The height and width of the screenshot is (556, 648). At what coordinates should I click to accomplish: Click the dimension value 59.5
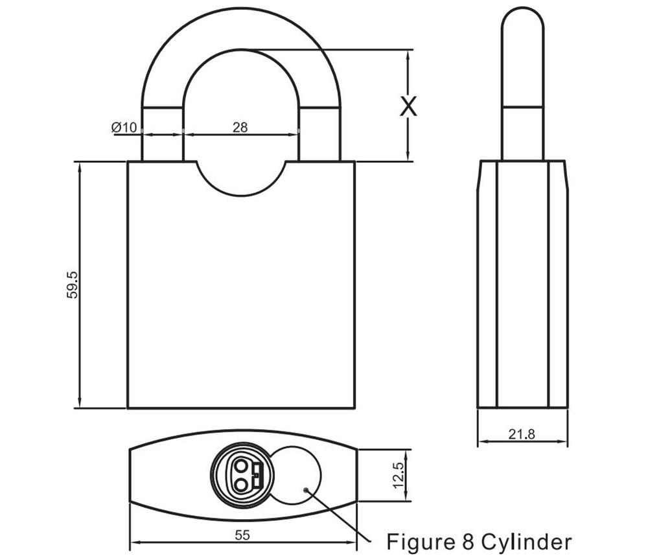pos(72,284)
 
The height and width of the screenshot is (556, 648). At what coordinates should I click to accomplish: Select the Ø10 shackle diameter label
pos(124,128)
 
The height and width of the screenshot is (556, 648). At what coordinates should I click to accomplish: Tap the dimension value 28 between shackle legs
pos(240,127)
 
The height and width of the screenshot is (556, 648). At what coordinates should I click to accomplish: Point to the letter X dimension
pos(408,106)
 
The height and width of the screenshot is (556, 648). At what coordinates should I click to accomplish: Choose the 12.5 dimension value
pos(399,476)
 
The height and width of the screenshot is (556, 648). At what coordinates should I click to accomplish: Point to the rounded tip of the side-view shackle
pos(522,19)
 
